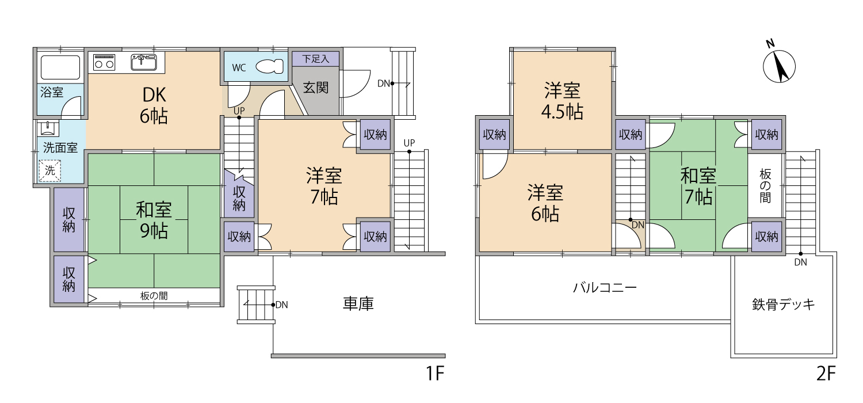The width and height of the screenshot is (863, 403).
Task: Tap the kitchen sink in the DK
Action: [x=144, y=62]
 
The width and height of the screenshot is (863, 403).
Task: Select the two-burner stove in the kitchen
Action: [x=104, y=62]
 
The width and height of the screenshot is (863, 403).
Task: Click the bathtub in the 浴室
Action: [x=60, y=67]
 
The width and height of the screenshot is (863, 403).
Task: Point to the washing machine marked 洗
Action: [x=50, y=170]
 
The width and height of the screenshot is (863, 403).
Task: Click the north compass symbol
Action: [x=778, y=66]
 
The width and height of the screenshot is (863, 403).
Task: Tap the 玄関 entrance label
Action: [x=315, y=88]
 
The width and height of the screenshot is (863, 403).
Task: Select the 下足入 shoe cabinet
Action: [x=315, y=59]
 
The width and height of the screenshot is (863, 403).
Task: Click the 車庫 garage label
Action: [x=358, y=303]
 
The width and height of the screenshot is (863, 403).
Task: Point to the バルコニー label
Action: [x=605, y=288]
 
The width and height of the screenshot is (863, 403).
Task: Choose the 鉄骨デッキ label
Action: [x=784, y=305]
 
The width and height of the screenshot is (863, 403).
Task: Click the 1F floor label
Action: [x=435, y=373]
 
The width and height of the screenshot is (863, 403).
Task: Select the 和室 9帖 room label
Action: [x=154, y=220]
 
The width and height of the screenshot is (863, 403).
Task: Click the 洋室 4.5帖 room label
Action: [x=562, y=101]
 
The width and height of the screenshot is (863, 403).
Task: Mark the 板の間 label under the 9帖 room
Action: [x=154, y=296]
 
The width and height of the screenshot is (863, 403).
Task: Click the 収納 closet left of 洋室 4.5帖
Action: [x=494, y=135]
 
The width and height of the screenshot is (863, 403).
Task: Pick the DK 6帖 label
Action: [x=154, y=105]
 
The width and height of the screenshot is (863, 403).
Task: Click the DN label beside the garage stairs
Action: [x=282, y=305]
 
